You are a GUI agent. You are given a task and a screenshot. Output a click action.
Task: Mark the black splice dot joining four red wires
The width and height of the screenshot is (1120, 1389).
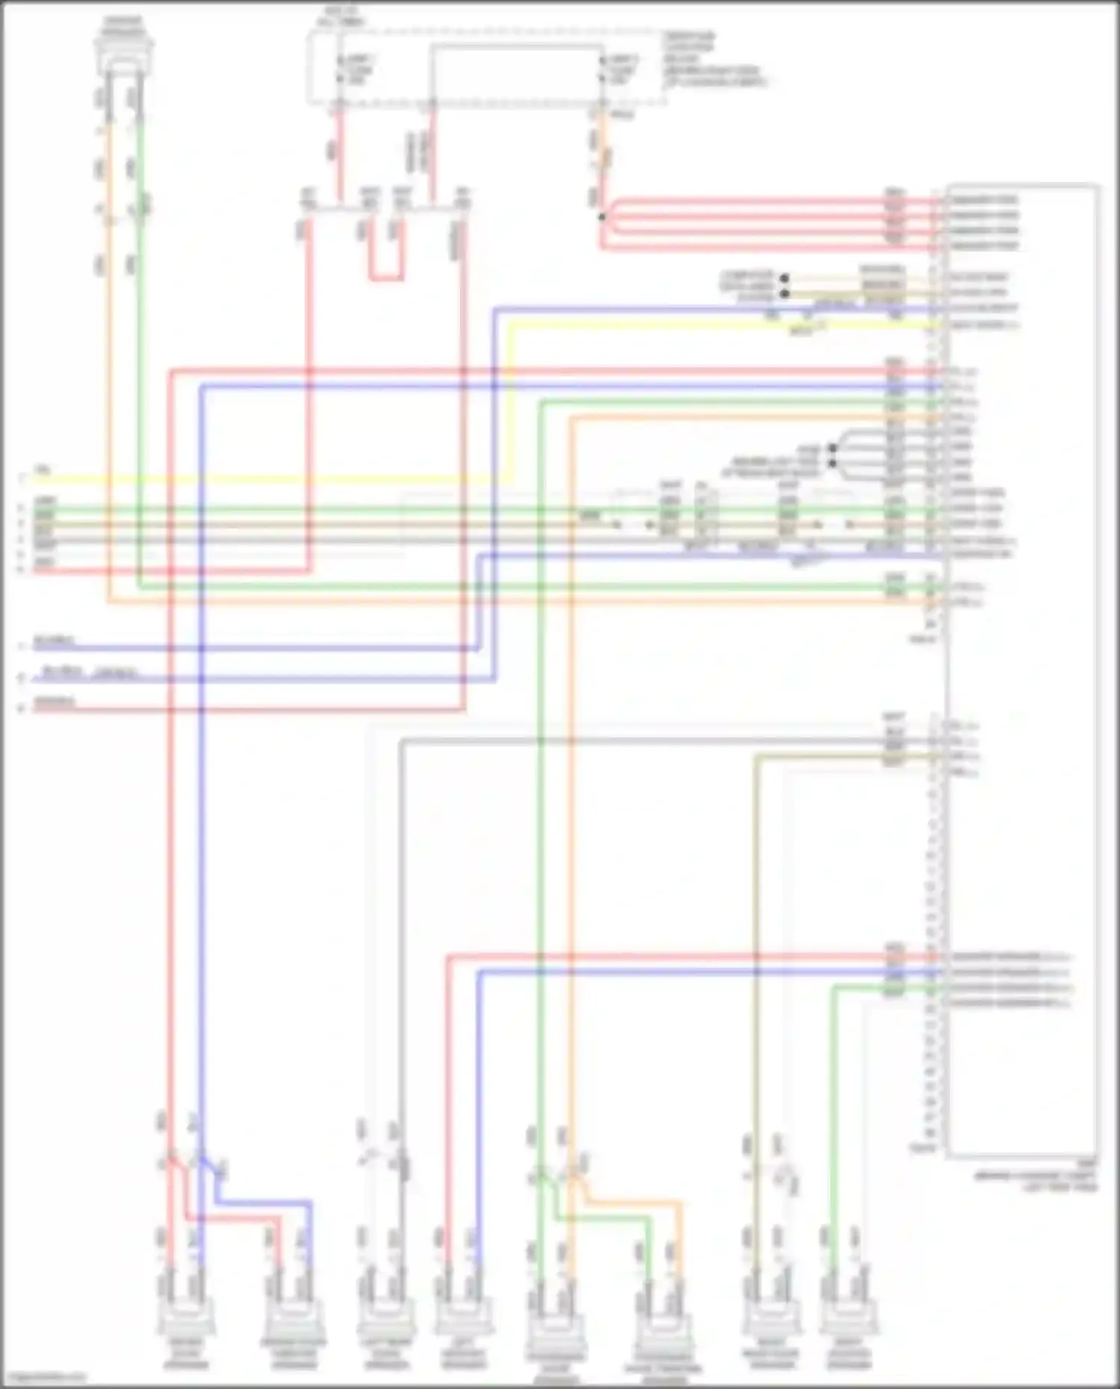point(601,217)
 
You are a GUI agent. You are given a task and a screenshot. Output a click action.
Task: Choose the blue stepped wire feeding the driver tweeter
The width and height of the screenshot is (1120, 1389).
point(261,1202)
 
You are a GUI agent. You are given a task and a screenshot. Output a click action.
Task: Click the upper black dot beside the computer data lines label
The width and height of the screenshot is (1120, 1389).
point(784,278)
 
